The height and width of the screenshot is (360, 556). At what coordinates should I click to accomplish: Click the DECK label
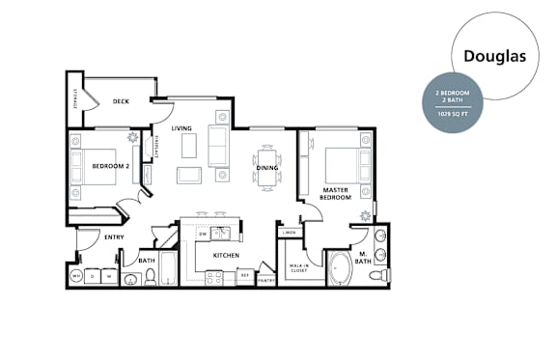click(121, 101)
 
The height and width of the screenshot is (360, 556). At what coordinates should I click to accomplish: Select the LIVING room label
click(181, 128)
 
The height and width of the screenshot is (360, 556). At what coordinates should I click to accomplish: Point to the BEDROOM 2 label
click(110, 166)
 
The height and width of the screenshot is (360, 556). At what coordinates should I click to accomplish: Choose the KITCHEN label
click(226, 256)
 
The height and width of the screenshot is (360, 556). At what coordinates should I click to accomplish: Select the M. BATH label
click(363, 259)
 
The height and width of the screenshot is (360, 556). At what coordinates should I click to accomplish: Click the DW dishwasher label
click(204, 234)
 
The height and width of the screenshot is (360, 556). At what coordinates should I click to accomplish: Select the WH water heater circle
click(76, 276)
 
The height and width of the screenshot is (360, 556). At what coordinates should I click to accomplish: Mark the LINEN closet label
click(289, 233)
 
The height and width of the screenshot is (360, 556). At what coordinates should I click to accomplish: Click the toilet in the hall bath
click(150, 278)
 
